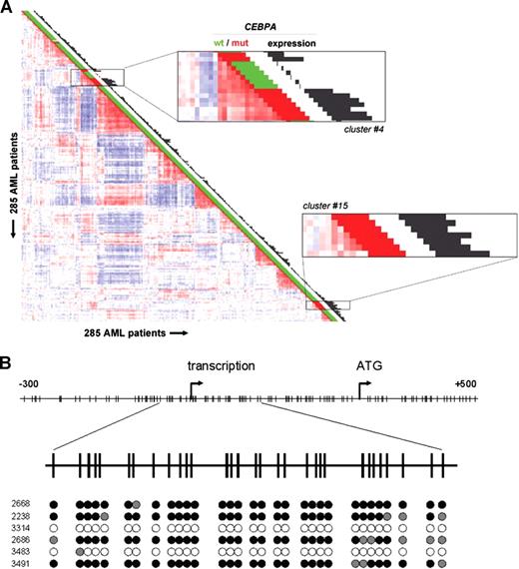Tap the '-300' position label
click(x=33, y=384)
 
